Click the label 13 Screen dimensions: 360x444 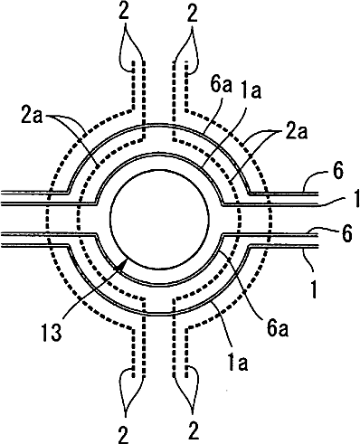[52, 332]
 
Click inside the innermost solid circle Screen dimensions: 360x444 [159, 219]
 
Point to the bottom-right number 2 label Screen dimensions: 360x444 [193, 431]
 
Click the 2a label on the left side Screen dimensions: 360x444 [32, 117]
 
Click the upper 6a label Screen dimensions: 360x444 [221, 85]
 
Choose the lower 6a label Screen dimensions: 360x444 [278, 328]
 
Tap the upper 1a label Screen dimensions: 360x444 [251, 90]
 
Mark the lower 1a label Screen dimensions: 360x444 [238, 363]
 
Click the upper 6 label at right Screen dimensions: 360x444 [338, 171]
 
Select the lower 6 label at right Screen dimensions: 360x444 [347, 233]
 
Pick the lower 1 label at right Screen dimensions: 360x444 [314, 288]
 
